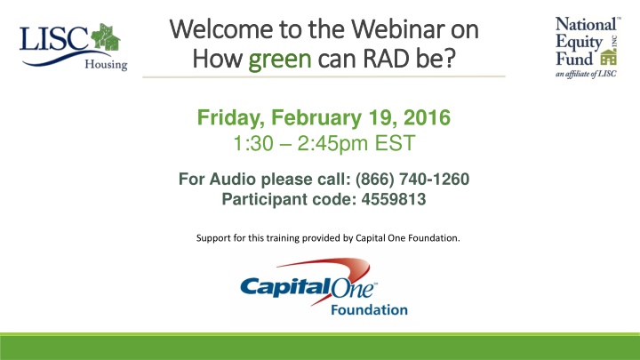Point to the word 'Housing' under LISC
point(107,64)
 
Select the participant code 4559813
point(391,200)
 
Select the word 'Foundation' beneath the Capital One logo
point(369,310)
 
